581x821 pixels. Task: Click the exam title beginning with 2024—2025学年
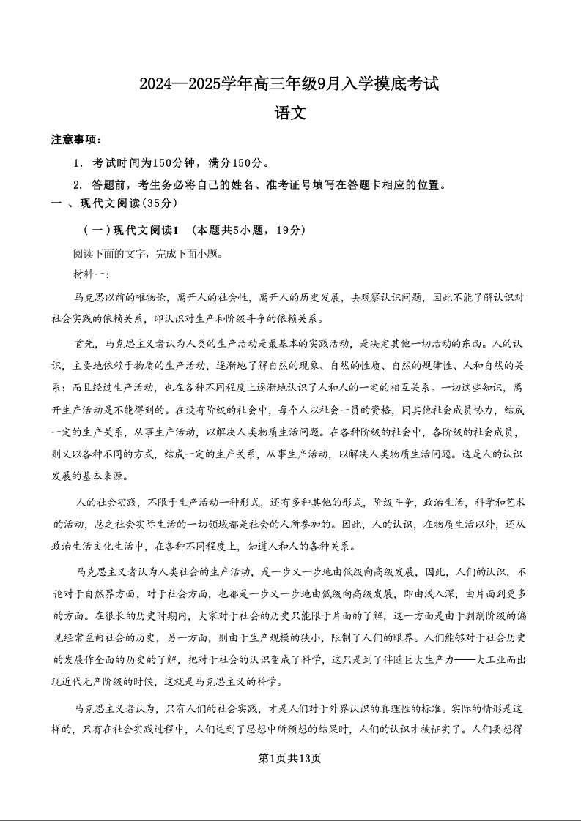pyautogui.click(x=289, y=84)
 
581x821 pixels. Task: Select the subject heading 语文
pyautogui.click(x=289, y=113)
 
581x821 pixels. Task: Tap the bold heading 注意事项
pyautogui.click(x=76, y=140)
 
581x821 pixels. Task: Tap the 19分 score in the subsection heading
pyautogui.click(x=286, y=230)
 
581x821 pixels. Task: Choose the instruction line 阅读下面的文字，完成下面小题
pyautogui.click(x=147, y=254)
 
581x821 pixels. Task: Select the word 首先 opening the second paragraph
pyautogui.click(x=85, y=343)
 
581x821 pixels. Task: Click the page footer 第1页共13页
pyautogui.click(x=290, y=758)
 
